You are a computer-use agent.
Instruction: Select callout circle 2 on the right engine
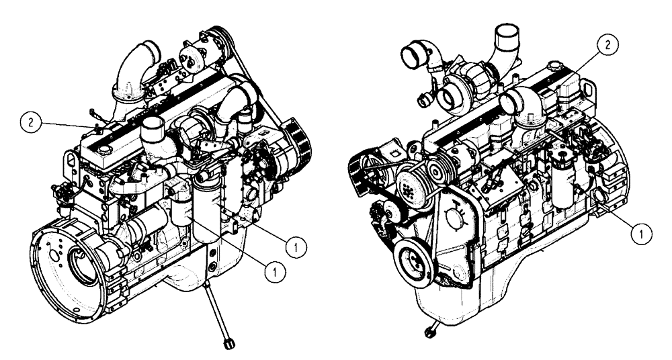607,45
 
